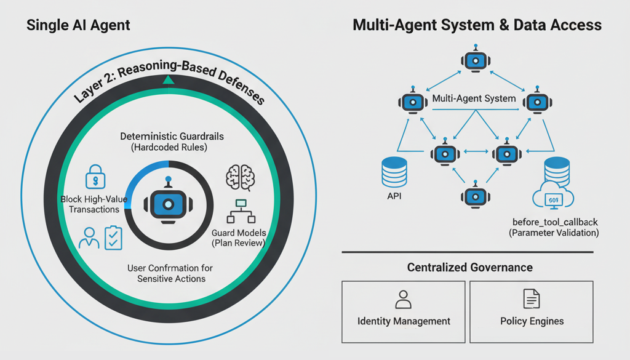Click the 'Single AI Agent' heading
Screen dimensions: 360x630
pos(78,25)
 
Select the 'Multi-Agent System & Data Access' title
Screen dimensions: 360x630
pos(477,25)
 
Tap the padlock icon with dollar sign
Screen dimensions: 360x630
pos(95,177)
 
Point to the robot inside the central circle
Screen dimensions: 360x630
pos(168,202)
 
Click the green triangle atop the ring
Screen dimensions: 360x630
pos(169,79)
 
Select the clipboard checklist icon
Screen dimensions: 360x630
pos(113,238)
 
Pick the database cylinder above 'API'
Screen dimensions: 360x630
pos(394,172)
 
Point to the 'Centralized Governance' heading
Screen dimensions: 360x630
pos(469,268)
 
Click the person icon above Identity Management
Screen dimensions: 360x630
pos(404,300)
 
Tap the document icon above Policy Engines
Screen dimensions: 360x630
pos(532,300)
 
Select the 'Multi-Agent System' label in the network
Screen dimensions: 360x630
pos(474,98)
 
